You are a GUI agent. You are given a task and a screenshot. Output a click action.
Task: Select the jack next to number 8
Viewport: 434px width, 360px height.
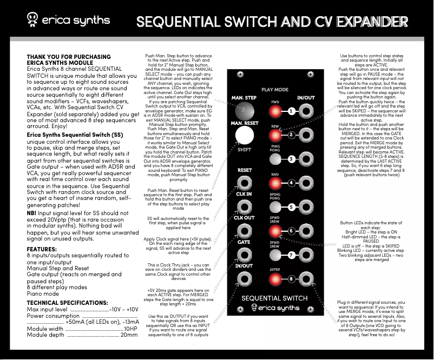coord(307,279)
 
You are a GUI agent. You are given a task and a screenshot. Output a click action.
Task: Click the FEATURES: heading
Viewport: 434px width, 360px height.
coord(42,249)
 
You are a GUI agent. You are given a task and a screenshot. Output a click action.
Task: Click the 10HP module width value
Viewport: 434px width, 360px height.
coord(130,328)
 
